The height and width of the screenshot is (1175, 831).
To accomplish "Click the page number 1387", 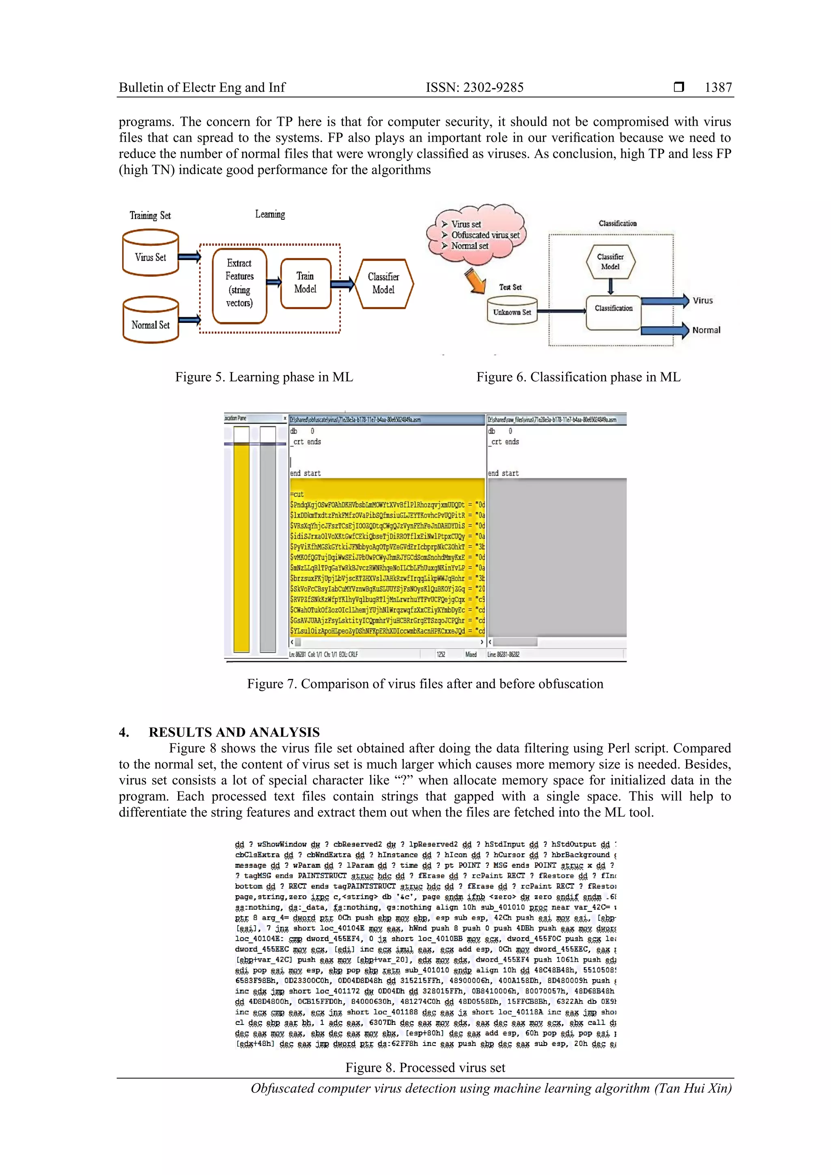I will pos(718,88).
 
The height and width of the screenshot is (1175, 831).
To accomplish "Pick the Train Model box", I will pos(306,283).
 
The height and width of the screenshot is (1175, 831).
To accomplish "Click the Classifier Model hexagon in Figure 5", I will pos(383,284).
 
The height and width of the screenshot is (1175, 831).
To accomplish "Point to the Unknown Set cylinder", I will pos(512,310).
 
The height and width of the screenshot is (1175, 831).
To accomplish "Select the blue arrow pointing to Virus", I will pos(665,301).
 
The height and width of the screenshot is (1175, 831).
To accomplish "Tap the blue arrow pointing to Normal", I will pos(665,330).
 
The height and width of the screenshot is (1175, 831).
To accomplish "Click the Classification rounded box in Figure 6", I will pos(614,311).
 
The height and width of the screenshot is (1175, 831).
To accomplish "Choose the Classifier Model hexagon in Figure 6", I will pos(610,262).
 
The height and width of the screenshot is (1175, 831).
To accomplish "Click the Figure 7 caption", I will pos(425,684).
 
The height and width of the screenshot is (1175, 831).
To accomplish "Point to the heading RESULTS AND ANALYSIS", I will pos(234,732).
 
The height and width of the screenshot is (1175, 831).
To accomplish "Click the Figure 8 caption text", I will pos(425,1068).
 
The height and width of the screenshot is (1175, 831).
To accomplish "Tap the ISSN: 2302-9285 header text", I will pos(475,88).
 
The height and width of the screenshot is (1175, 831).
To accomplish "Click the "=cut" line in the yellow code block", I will pos(297,494).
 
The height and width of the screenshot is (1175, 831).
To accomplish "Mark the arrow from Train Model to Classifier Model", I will pos(342,284).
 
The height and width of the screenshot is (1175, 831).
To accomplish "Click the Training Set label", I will pos(150,215).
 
